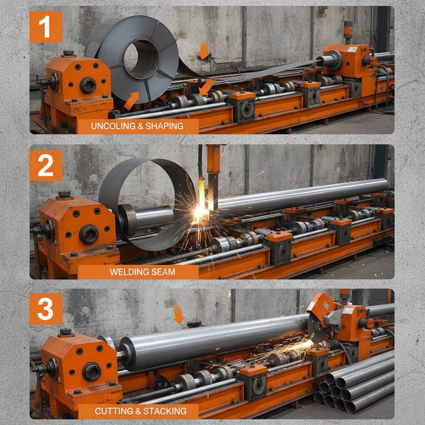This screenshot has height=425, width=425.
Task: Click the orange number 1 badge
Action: point(46,27)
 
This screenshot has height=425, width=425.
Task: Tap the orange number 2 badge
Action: point(46,166)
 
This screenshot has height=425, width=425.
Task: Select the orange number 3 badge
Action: point(46,309)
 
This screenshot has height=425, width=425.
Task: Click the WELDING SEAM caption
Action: point(142,272)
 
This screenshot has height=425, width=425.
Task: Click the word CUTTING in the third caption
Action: point(112,411)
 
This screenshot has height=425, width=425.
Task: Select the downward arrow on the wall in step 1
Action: point(203,50)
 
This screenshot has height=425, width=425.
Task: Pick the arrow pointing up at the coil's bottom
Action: point(132,101)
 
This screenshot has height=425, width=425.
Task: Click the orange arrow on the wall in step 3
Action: point(178,314)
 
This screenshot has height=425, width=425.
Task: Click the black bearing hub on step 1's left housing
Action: point(88,85)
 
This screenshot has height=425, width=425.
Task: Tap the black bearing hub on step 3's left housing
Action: point(91,371)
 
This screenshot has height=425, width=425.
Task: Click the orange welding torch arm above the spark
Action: point(213,160)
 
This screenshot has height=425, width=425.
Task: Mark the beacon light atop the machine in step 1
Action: point(348,29)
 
